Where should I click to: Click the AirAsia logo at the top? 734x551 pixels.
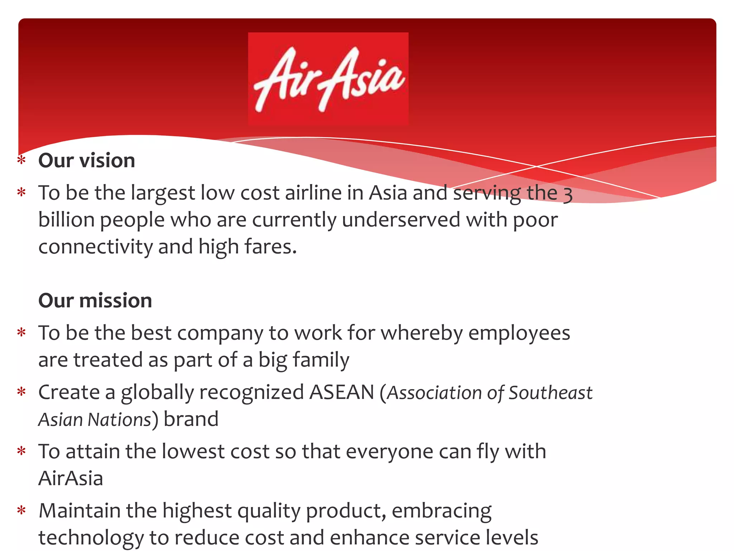tap(328, 79)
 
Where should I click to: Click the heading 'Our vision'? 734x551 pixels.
tap(87, 160)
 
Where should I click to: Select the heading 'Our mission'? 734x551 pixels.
tap(95, 300)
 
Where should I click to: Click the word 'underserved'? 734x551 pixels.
tap(401, 220)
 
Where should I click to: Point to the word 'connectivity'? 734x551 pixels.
tap(95, 247)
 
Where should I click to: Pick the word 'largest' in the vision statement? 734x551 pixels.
tap(162, 193)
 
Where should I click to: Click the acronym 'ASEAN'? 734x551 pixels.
tap(342, 392)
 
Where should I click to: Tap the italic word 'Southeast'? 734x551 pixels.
tap(550, 393)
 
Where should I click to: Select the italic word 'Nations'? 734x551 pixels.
tap(120, 419)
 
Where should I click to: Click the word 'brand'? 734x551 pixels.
tap(191, 419)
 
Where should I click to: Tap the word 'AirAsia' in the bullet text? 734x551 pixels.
tap(71, 478)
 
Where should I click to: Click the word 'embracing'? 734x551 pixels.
tap(442, 511)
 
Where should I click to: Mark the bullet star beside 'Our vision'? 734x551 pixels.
tap(22, 160)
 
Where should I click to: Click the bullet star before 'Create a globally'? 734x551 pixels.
tap(22, 391)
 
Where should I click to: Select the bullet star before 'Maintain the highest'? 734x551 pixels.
tap(22, 510)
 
